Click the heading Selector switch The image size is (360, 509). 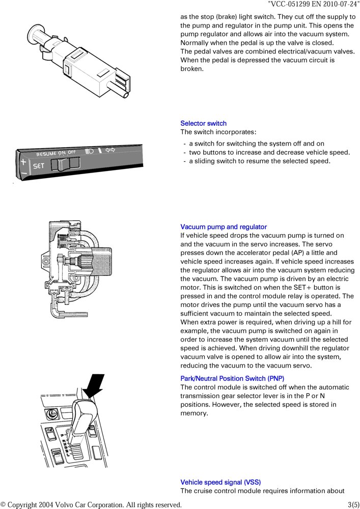[x=203, y=123]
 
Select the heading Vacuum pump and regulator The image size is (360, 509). [x=224, y=227]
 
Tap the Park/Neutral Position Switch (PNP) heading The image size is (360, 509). [x=232, y=379]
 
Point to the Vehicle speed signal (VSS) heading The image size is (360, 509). [x=220, y=482]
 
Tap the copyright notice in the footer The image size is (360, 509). [x=91, y=504]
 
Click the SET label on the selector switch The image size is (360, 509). [x=39, y=166]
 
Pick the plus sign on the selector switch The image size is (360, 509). [x=23, y=162]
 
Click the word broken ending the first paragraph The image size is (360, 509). [x=192, y=69]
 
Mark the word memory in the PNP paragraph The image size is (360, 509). [x=194, y=413]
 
